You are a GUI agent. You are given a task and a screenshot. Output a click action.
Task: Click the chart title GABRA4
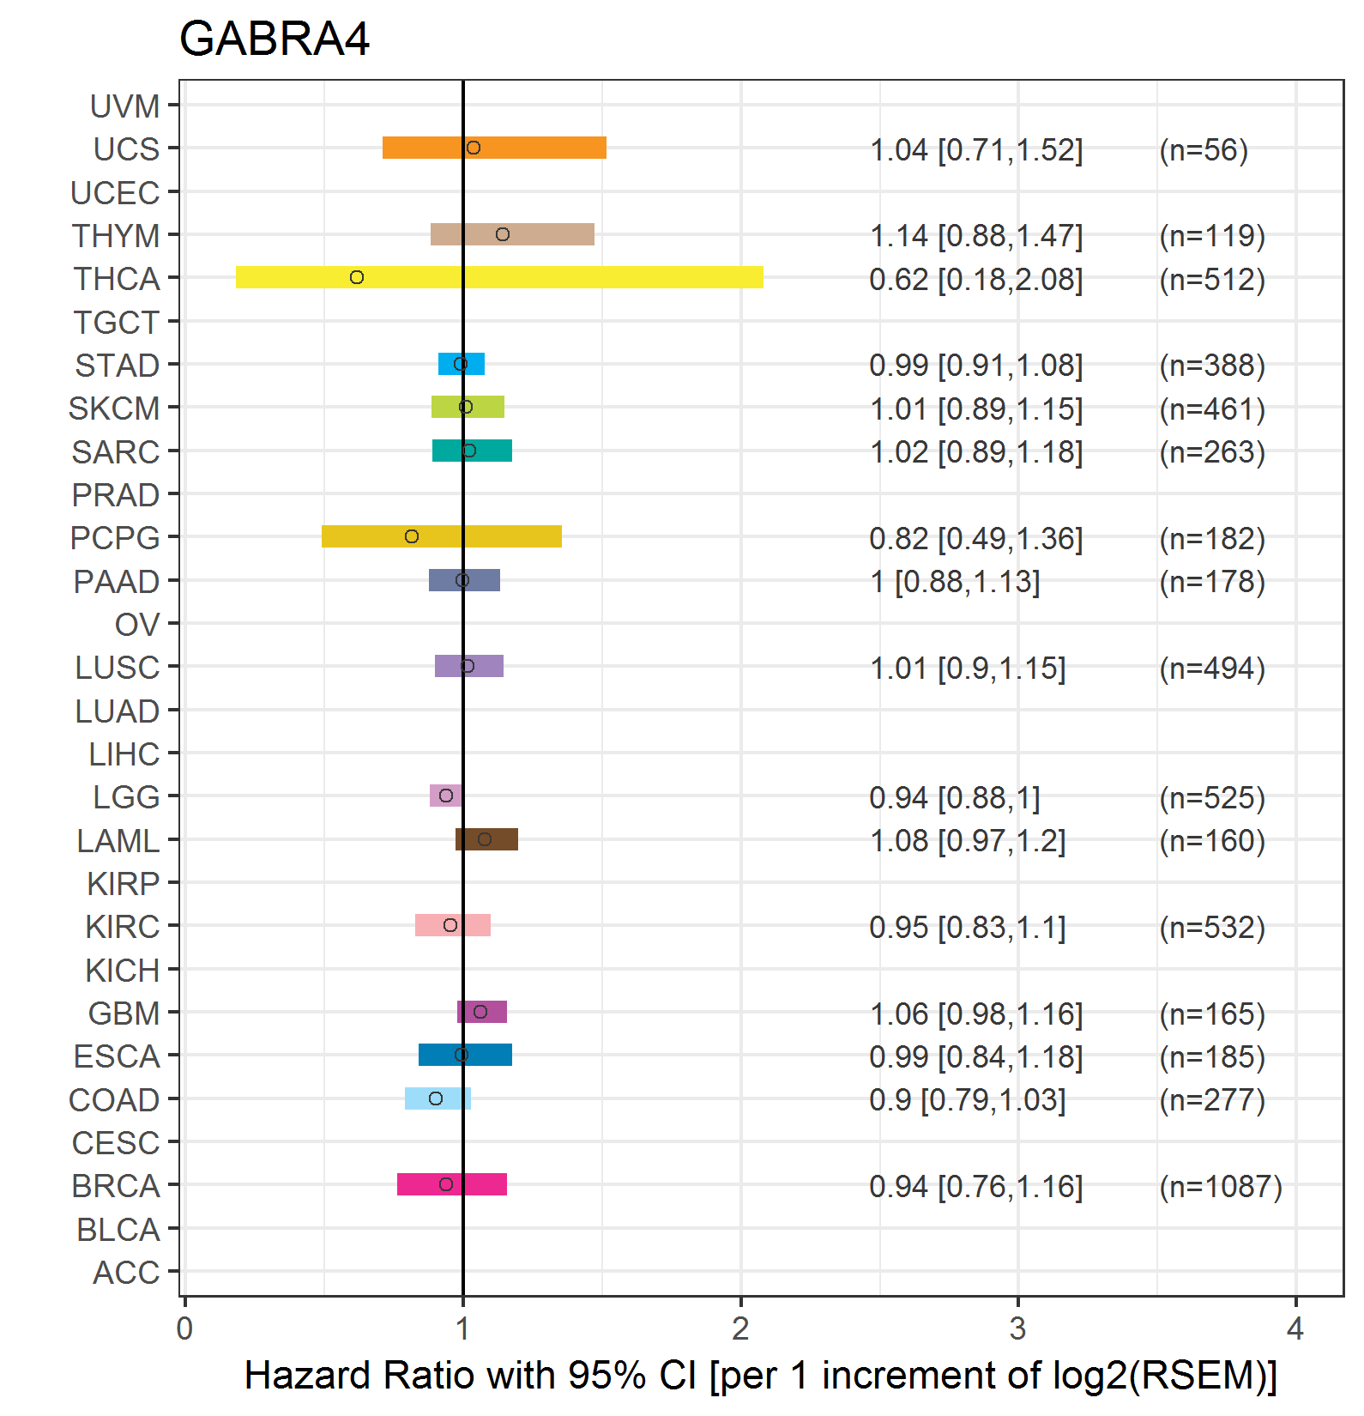[x=274, y=39]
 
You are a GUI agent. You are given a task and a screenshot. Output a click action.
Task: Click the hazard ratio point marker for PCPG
[x=412, y=536]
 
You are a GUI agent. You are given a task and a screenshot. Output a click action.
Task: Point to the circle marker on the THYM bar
[x=503, y=234]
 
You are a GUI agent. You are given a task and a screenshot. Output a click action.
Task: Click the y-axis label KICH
[x=123, y=971]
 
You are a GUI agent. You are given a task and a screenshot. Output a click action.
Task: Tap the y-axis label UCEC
[x=115, y=193]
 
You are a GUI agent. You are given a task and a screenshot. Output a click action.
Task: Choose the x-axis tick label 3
[x=1017, y=1329]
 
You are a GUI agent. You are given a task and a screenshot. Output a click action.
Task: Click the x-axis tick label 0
[x=184, y=1329]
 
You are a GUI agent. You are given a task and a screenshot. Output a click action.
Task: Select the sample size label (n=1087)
[x=1220, y=1187]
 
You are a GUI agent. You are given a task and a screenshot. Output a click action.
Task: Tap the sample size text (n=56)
[x=1203, y=150]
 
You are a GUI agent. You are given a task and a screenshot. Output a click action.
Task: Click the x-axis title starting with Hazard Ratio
[x=760, y=1376]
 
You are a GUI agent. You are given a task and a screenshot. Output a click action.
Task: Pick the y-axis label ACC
[x=126, y=1273]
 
